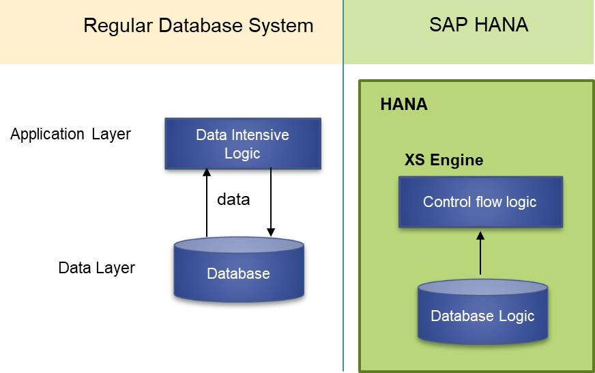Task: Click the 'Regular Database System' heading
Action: point(198,26)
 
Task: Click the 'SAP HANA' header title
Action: point(478,25)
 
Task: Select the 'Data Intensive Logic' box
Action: point(242,144)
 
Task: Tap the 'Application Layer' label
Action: point(70,134)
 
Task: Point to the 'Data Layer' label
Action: point(96,268)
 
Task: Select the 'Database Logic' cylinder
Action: point(482,314)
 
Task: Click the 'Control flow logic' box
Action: point(480,202)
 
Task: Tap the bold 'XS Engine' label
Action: point(444,161)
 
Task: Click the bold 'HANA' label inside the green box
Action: point(403,105)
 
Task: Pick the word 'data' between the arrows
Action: point(233,199)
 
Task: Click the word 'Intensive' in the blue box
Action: point(261,135)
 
